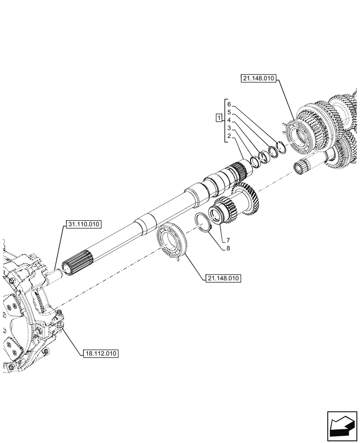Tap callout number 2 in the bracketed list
pos(229,136)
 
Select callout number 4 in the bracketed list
pos(229,120)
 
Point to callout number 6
pos(229,104)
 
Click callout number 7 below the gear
pos(228,240)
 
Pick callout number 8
pos(228,248)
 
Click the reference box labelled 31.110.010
pos(84,225)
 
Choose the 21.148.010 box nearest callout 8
pos(223,278)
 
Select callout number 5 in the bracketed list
pos(229,112)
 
